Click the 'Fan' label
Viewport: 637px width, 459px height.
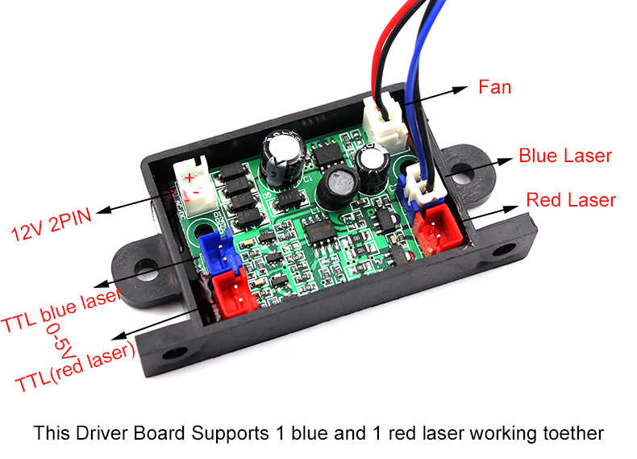pyautogui.click(x=494, y=86)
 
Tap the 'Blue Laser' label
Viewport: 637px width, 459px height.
pyautogui.click(x=564, y=156)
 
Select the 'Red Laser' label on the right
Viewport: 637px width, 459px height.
pyautogui.click(x=570, y=199)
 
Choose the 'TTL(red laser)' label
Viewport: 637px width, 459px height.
pyautogui.click(x=73, y=369)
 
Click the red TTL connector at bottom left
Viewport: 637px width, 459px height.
pyautogui.click(x=235, y=292)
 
